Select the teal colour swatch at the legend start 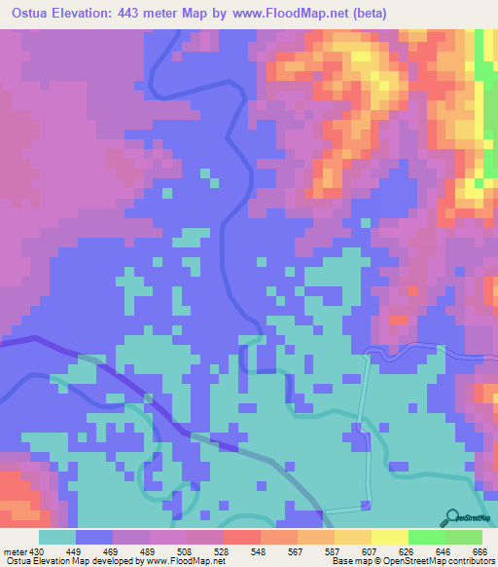pyautogui.click(x=57, y=537)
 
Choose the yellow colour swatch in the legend pyautogui.click(x=389, y=537)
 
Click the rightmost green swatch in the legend pyautogui.click(x=464, y=537)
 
